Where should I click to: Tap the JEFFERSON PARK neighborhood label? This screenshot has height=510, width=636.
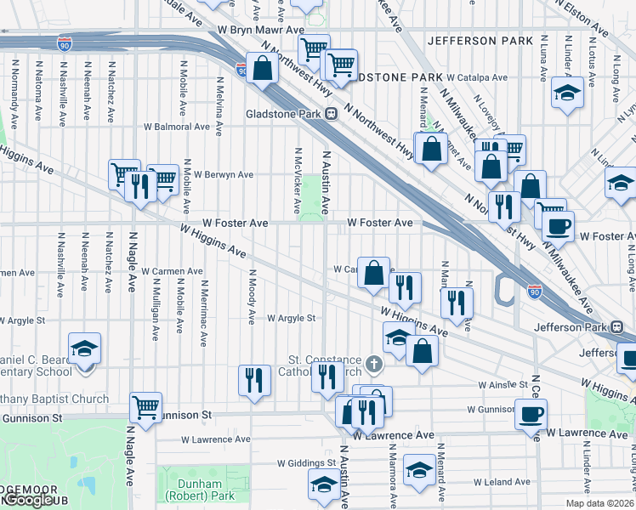tap(480, 40)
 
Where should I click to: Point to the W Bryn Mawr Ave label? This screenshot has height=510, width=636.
tap(260, 29)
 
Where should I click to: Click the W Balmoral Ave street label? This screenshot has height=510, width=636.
tap(176, 126)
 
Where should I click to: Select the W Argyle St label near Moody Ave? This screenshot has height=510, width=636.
tap(292, 319)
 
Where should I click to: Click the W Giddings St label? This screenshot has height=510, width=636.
tap(306, 464)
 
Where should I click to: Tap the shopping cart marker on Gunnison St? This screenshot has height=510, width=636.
tap(146, 408)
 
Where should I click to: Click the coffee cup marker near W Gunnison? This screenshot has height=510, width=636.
tap(531, 414)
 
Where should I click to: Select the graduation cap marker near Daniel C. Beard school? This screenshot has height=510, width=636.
tap(84, 348)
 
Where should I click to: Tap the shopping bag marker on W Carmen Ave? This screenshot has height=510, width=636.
tap(373, 273)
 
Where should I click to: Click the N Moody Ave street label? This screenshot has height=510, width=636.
tap(252, 297)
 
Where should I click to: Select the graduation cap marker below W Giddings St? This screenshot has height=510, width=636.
tap(323, 486)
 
